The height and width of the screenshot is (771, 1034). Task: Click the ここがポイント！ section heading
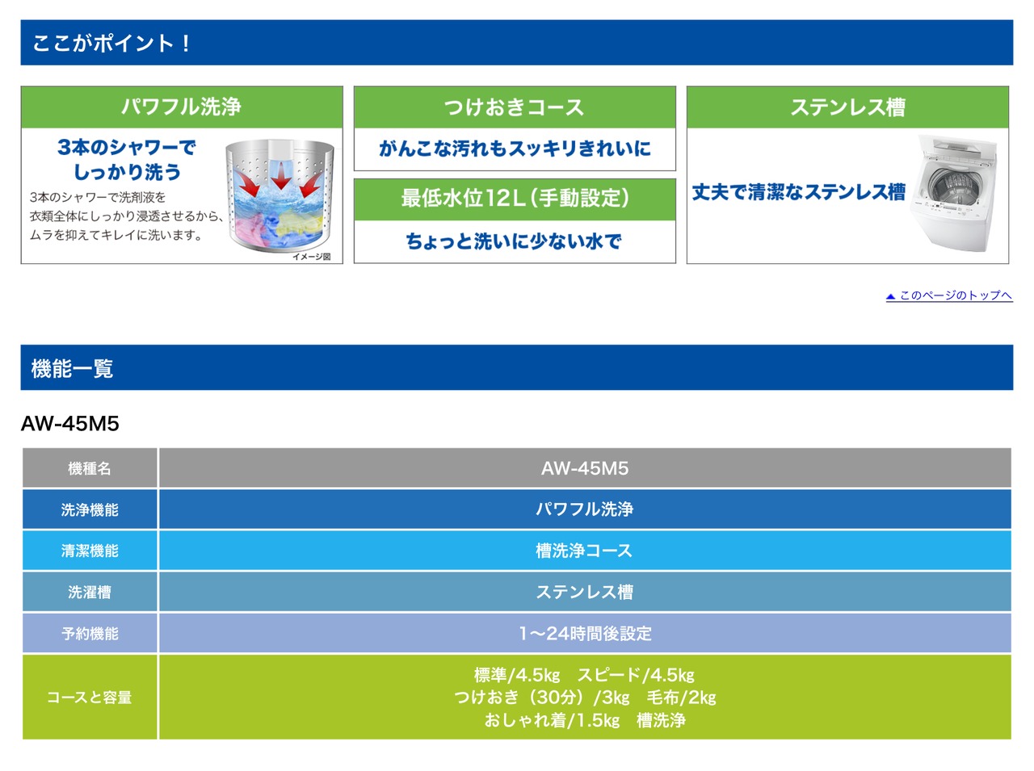(x=111, y=44)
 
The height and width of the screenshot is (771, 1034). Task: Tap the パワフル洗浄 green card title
(x=182, y=107)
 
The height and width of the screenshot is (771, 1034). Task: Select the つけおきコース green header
(x=515, y=107)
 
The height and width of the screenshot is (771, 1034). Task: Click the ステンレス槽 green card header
(x=847, y=107)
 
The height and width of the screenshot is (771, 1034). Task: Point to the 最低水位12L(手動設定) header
(x=515, y=198)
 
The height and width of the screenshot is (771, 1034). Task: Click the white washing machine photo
(x=953, y=193)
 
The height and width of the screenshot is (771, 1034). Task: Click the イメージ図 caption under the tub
(x=311, y=257)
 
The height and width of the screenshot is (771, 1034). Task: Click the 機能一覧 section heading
(x=72, y=368)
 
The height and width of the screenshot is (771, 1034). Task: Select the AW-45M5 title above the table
(x=69, y=424)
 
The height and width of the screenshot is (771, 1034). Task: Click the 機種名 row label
(x=90, y=468)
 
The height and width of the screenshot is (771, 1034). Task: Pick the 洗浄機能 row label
(x=90, y=509)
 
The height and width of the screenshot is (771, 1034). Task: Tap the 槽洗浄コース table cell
(x=584, y=551)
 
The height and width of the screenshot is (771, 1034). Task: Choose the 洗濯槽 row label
(x=90, y=592)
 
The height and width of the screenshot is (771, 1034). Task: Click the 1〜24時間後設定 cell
(x=585, y=634)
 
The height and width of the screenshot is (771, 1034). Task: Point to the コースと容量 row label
(x=90, y=697)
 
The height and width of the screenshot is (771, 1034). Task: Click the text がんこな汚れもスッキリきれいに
(x=515, y=149)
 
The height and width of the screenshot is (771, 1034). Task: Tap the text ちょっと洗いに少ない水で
(x=514, y=241)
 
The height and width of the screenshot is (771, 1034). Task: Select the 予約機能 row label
(x=90, y=634)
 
